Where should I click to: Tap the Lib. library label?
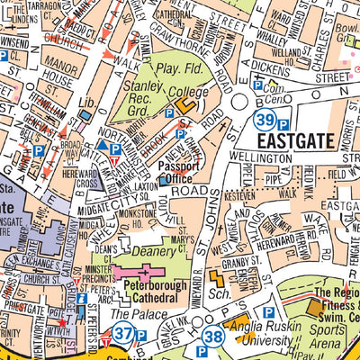(87, 104)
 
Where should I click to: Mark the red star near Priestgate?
(62, 321)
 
